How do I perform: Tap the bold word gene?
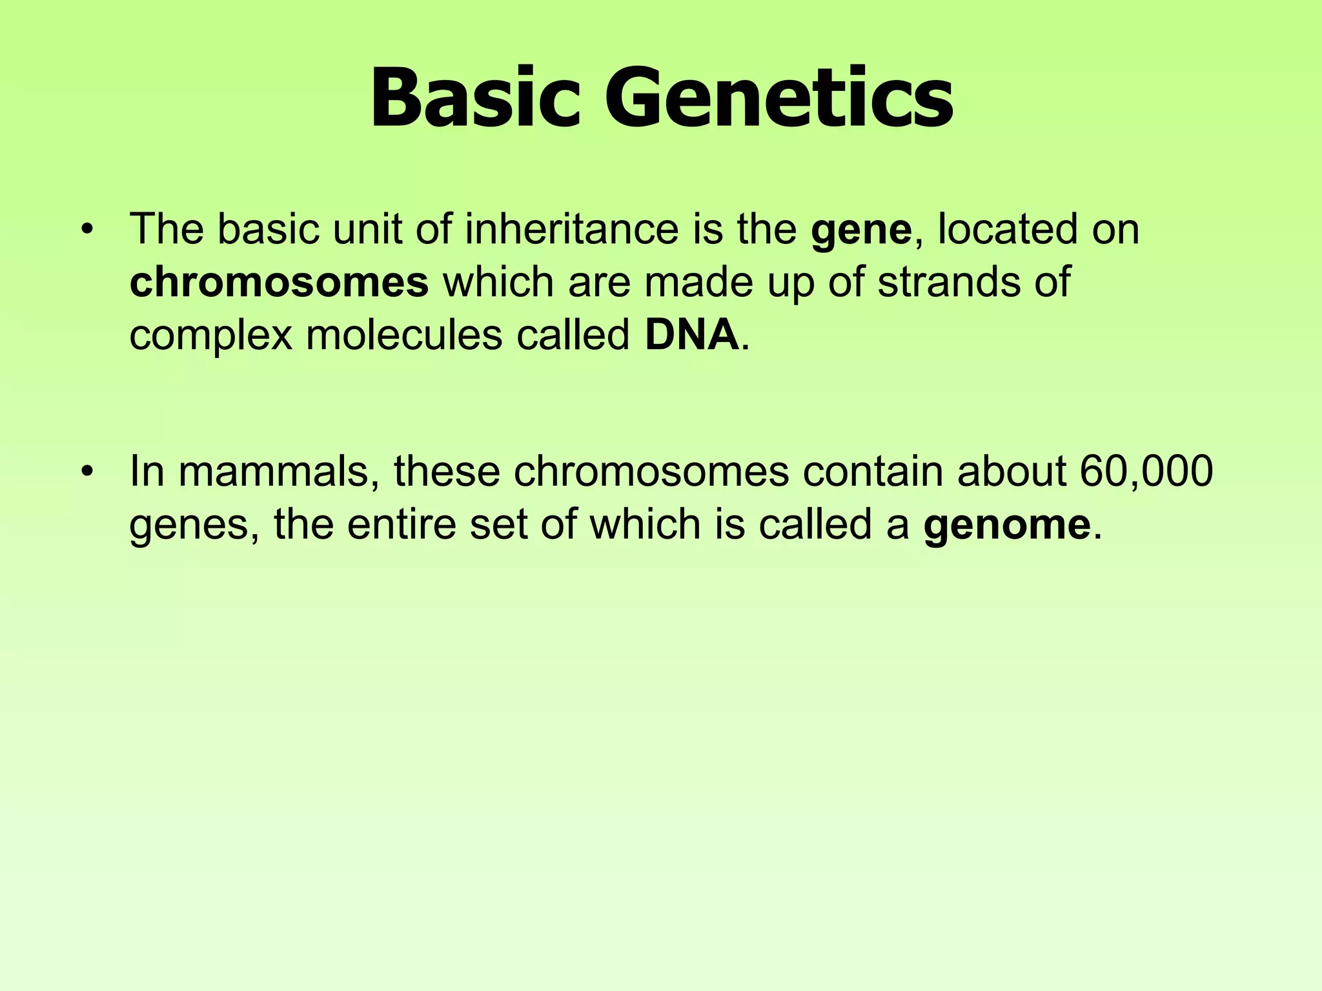pyautogui.click(x=861, y=230)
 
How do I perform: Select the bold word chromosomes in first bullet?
pyautogui.click(x=279, y=283)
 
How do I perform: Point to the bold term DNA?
pyautogui.click(x=691, y=335)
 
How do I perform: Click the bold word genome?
pyautogui.click(x=1006, y=524)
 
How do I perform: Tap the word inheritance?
pyautogui.click(x=571, y=230)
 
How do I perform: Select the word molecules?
pyautogui.click(x=404, y=335)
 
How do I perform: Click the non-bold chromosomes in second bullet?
pyautogui.click(x=651, y=472)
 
